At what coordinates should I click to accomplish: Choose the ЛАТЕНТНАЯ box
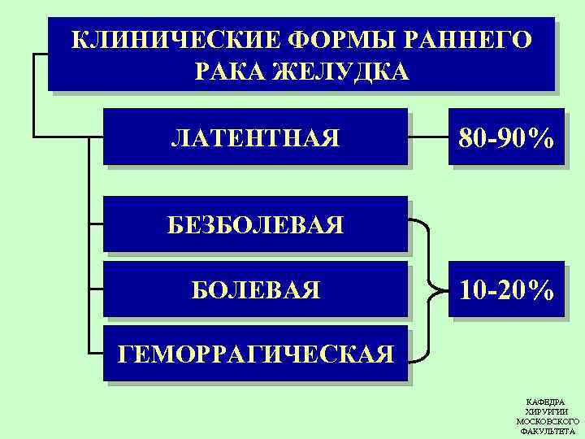point(255,137)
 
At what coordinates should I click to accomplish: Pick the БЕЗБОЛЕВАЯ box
point(255,225)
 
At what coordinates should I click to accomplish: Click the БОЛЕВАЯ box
point(255,289)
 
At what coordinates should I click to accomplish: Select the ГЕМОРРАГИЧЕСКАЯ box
point(255,354)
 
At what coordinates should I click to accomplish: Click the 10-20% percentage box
point(506,289)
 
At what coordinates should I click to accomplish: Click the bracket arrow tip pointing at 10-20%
point(445,289)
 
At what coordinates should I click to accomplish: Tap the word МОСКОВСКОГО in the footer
point(548,422)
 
